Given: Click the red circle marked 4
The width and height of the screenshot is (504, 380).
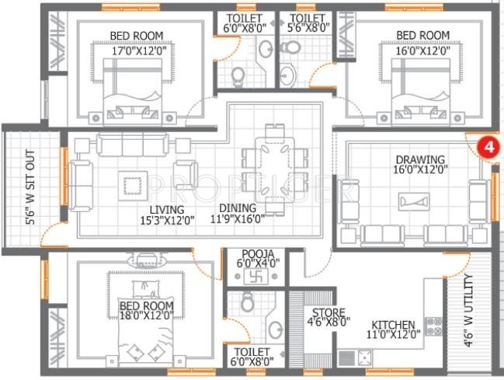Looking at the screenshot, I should point(487,146).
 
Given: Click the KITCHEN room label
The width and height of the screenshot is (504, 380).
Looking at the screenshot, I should point(392,325).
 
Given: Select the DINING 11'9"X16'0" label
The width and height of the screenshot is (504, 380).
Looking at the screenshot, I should point(236,214).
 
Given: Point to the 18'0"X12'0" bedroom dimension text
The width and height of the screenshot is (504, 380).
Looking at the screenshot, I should point(146,316).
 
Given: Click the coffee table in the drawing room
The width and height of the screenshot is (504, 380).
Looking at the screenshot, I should point(415,201).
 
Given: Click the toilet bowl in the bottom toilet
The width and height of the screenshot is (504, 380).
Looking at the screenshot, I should point(248,302).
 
